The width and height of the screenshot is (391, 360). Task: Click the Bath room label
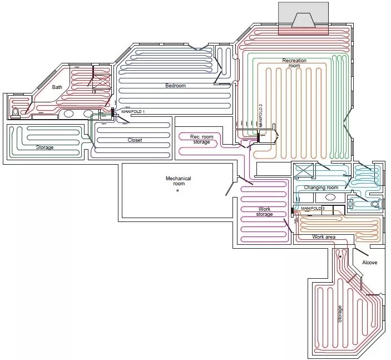click(57, 87)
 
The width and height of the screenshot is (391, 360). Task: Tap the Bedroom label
click(176, 86)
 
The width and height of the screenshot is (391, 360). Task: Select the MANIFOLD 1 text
click(133, 111)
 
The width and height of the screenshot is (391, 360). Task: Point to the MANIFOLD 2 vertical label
click(261, 116)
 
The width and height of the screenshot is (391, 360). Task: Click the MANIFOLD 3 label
click(313, 208)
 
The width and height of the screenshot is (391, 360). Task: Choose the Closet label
click(135, 140)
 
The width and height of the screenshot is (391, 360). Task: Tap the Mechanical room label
click(179, 181)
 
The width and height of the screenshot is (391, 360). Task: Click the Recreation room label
click(294, 63)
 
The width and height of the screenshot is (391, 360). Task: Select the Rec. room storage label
click(202, 140)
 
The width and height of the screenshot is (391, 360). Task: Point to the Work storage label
click(264, 211)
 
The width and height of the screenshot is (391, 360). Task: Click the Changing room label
click(321, 188)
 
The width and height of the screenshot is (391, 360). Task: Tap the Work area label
click(324, 237)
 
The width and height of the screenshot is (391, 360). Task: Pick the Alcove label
click(369, 263)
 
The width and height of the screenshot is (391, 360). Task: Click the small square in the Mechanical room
click(177, 191)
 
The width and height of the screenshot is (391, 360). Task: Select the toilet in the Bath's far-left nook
click(16, 112)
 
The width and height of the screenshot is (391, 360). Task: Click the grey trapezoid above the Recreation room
click(303, 21)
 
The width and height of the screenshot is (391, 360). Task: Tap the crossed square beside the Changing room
click(303, 171)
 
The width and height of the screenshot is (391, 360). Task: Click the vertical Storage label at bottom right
click(340, 314)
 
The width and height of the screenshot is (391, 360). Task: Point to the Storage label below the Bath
click(44, 147)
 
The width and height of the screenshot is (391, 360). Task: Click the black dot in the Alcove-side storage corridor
click(340, 257)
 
